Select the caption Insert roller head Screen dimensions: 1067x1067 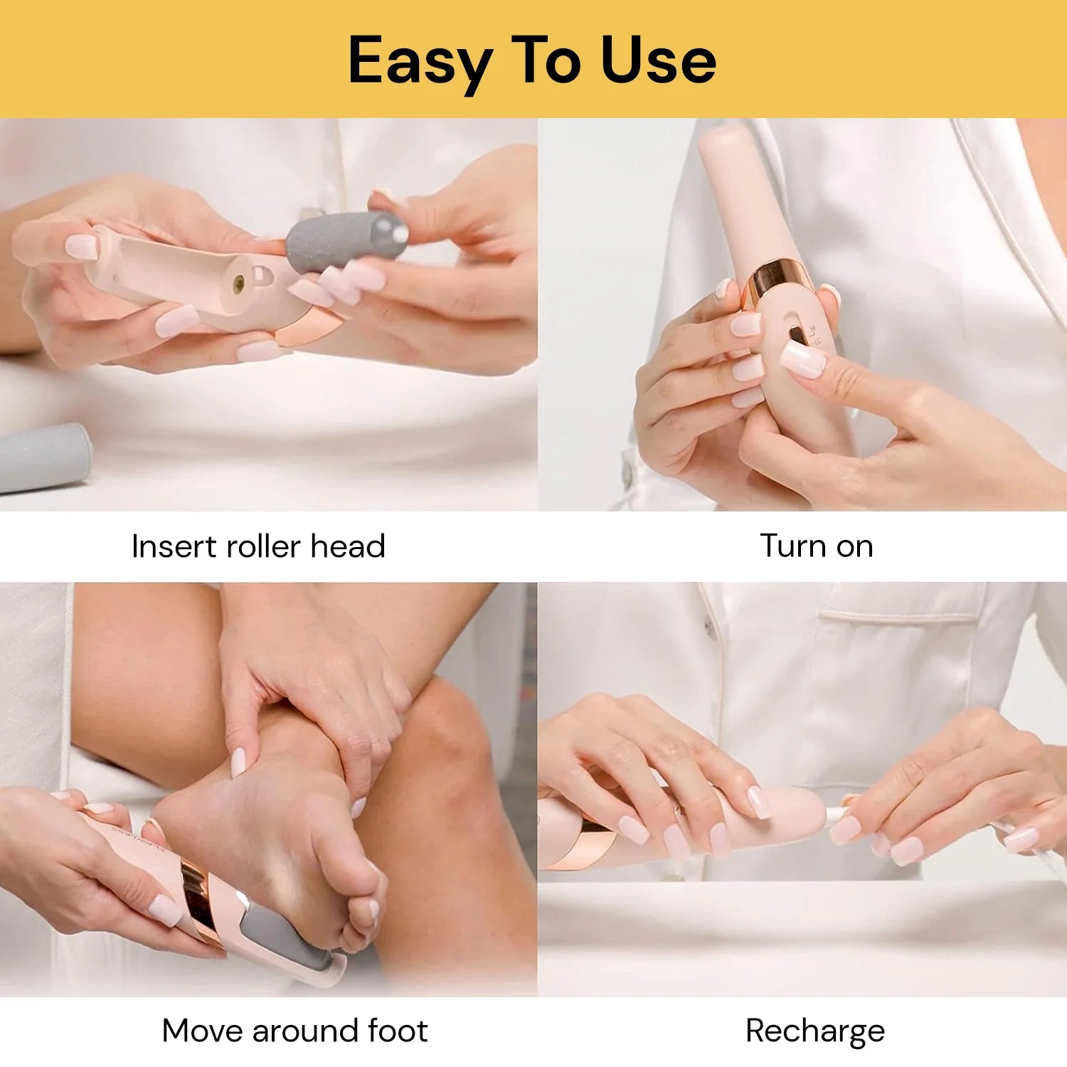coord(258,546)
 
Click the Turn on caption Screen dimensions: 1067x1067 coord(817,546)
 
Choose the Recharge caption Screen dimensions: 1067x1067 coord(815,1031)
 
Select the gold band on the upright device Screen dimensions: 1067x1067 coord(774,282)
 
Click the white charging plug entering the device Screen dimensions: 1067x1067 coord(837,815)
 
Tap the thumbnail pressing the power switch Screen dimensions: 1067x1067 coord(803,359)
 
